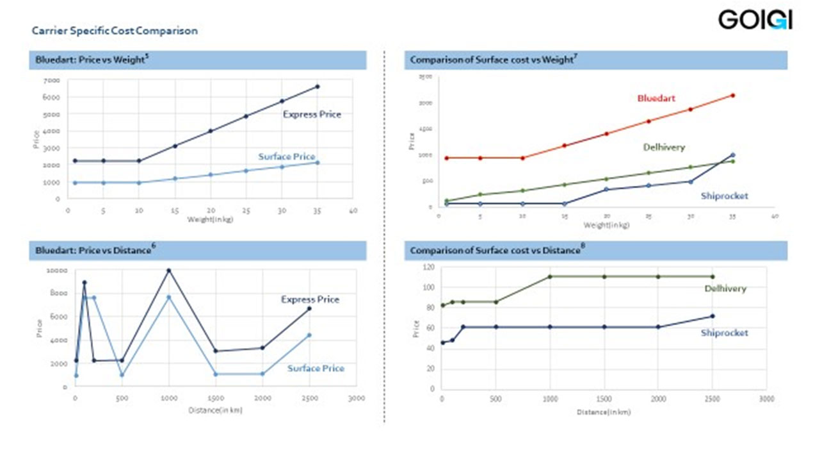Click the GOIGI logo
pos(755,20)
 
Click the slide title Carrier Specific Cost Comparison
pos(115,30)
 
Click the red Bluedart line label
pos(656,99)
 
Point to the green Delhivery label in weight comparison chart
pos(664,147)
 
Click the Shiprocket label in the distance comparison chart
pos(724,333)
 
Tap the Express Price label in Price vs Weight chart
pos(312,114)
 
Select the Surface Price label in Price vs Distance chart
pos(316,368)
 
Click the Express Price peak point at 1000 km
pos(169,271)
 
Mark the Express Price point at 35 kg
pos(318,87)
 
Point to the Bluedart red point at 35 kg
pos(732,96)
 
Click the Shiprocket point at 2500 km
pos(712,316)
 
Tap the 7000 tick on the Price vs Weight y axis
pos(51,80)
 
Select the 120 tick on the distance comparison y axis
pos(428,267)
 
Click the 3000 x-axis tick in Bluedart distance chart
pos(356,398)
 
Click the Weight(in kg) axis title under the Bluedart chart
pos(210,219)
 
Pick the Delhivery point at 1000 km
pos(549,276)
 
